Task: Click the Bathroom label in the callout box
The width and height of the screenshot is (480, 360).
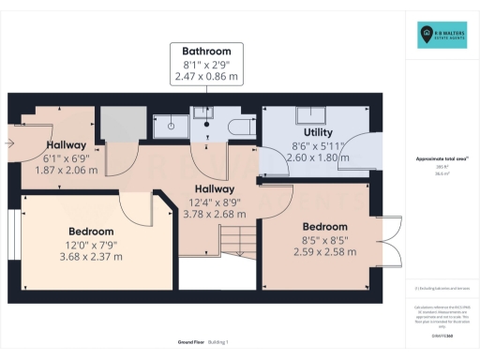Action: pos(207,51)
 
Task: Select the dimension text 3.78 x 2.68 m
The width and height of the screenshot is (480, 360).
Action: pos(208,213)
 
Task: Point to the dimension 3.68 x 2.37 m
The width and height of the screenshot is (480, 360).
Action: pos(91,256)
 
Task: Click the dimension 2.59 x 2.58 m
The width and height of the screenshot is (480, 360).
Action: pos(322,252)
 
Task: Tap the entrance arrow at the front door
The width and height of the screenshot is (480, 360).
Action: pos(8,143)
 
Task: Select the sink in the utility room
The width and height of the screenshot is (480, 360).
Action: pos(309,115)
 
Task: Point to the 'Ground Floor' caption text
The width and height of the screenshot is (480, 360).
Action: pos(167,342)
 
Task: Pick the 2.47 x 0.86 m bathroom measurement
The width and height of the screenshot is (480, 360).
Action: pos(207,77)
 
